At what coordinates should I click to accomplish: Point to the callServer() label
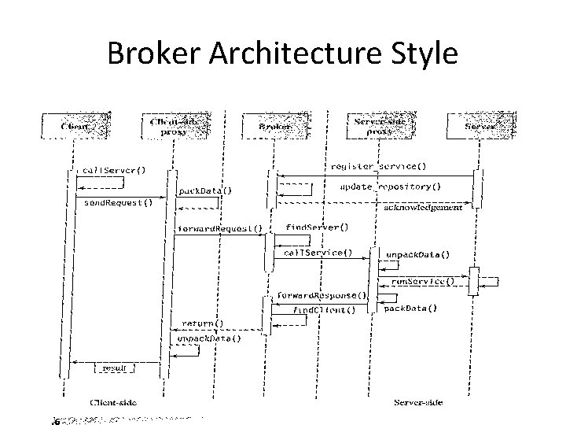[x=115, y=170]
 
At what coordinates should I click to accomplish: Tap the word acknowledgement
[x=423, y=208]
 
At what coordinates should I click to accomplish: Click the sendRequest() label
[x=118, y=202]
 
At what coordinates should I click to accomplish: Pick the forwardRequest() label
[x=219, y=229]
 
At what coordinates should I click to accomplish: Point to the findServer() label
[x=317, y=227]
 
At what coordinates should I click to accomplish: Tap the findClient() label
[x=324, y=310]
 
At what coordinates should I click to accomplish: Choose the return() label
[x=203, y=323]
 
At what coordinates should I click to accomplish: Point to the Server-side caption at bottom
[x=417, y=403]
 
